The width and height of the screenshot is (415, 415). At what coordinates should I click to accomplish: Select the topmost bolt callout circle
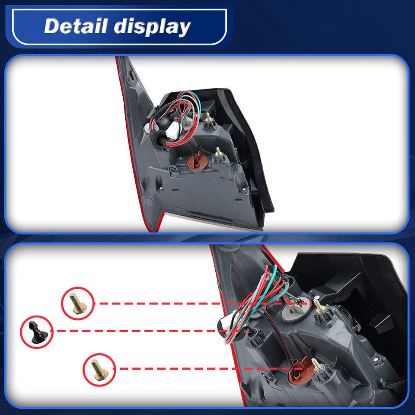click(x=78, y=303)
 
